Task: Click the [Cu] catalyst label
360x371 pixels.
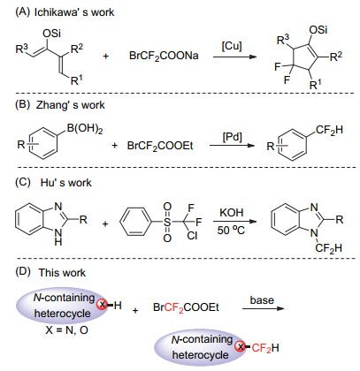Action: [x=232, y=46]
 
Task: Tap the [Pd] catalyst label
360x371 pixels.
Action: [x=232, y=137]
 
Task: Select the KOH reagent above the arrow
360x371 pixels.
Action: [x=232, y=213]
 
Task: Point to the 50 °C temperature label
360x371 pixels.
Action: [x=231, y=230]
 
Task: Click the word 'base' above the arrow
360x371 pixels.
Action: [x=262, y=300]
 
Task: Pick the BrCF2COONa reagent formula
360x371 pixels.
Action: [x=164, y=56]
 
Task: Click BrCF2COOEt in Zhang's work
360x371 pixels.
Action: [x=160, y=146]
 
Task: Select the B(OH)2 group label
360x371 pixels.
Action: [x=85, y=129]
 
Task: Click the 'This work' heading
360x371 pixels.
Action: [x=62, y=273]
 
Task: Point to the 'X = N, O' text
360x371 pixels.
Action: [x=67, y=330]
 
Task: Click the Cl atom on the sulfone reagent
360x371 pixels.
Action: [x=192, y=236]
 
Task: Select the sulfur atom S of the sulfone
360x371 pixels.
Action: [x=167, y=222]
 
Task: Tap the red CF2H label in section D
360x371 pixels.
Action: [x=265, y=348]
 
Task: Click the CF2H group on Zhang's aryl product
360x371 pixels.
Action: [x=329, y=130]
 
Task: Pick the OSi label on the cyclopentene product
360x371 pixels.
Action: [x=318, y=30]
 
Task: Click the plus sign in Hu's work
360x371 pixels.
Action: [x=105, y=224]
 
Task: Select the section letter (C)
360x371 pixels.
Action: [x=23, y=182]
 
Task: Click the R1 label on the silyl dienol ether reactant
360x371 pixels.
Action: [x=77, y=80]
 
